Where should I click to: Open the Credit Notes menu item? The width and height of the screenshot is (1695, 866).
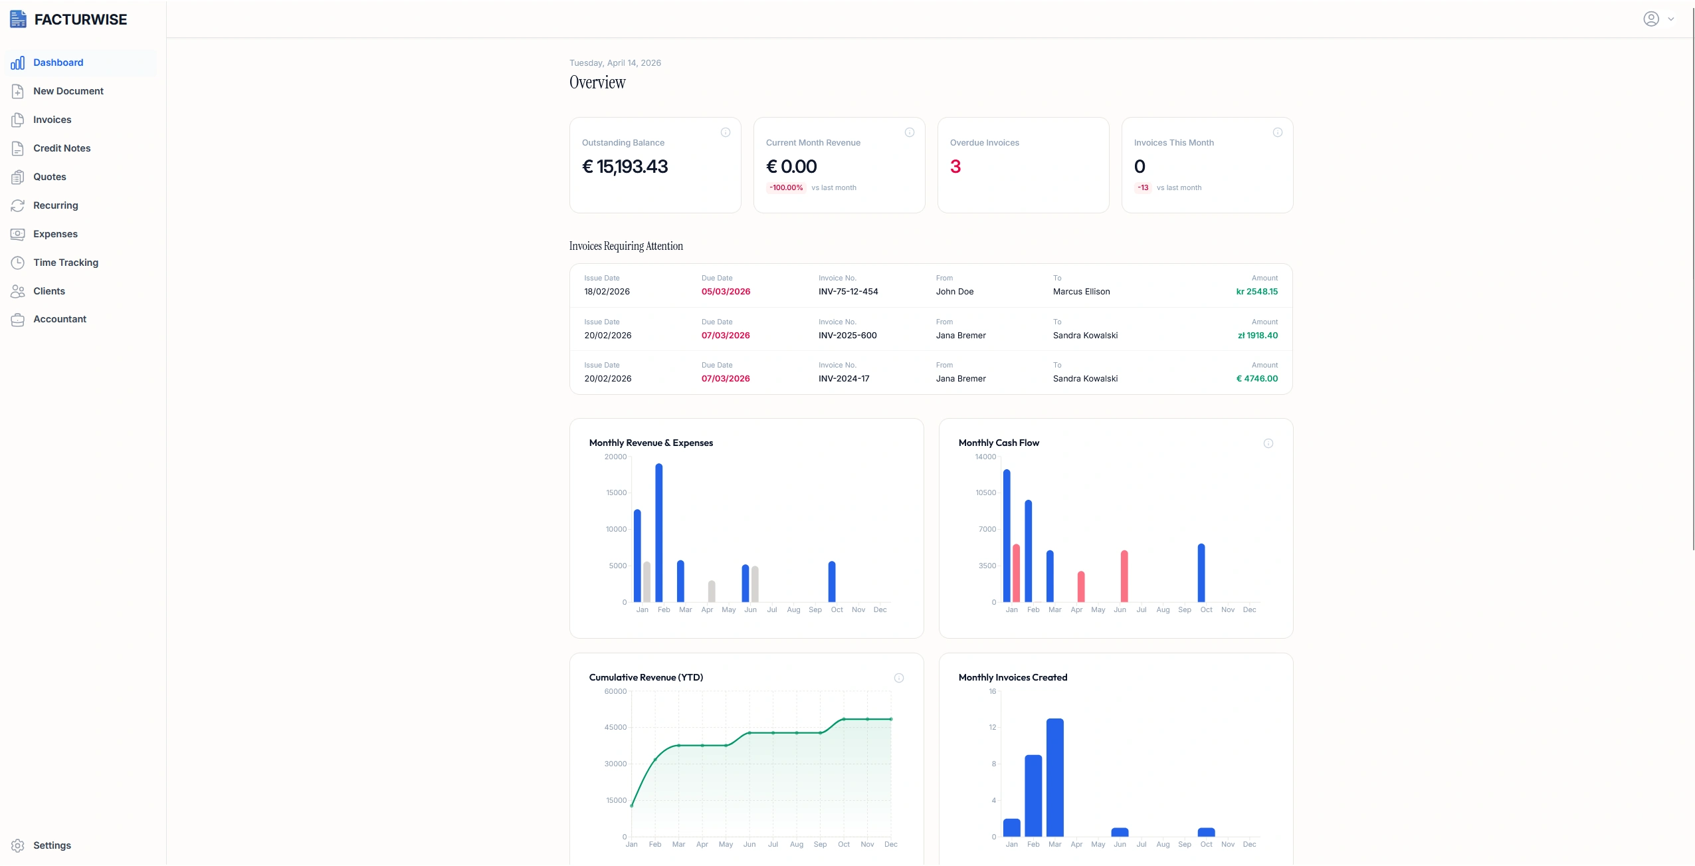(x=62, y=148)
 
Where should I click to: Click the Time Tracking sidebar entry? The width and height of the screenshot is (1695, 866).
(x=66, y=263)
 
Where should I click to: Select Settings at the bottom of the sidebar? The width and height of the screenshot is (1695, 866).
(x=52, y=845)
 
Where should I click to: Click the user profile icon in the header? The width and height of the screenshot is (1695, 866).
(x=1651, y=19)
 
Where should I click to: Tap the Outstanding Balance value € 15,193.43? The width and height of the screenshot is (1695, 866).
(x=625, y=167)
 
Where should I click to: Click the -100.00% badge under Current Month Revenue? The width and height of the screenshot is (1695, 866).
(x=786, y=188)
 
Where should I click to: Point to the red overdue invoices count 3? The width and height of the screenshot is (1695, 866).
(x=955, y=167)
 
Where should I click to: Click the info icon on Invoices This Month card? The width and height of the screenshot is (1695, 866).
(x=1277, y=133)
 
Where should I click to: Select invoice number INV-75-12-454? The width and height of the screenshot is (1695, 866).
(x=848, y=292)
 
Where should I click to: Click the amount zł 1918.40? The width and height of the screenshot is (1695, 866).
(x=1257, y=336)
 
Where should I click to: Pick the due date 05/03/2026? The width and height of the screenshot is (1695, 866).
(x=726, y=292)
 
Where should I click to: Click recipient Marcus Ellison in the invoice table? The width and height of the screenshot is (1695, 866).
(x=1081, y=292)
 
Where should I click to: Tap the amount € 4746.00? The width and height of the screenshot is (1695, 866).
(x=1256, y=379)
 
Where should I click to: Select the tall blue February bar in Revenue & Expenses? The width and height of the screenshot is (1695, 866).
(x=658, y=532)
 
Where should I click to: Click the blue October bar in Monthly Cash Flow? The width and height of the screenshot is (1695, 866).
(x=1201, y=573)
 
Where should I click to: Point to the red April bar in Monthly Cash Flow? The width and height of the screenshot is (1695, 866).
(x=1081, y=586)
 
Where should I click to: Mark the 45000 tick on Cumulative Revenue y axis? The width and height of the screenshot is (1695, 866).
(x=615, y=728)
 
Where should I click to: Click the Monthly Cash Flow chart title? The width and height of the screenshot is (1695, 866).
(x=998, y=443)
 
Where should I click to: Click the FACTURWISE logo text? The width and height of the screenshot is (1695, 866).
(x=80, y=20)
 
